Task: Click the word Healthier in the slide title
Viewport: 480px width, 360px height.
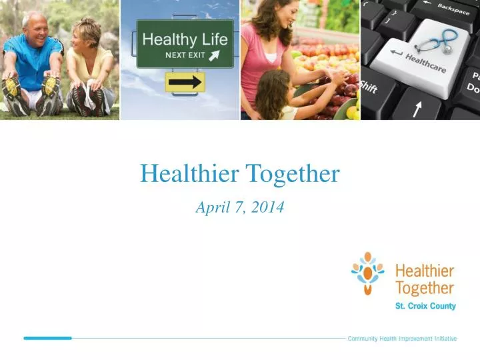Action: [x=190, y=175]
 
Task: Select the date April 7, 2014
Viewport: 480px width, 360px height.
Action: [x=240, y=207]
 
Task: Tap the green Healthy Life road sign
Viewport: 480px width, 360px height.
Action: [x=185, y=43]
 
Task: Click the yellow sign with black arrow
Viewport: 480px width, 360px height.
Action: [x=185, y=82]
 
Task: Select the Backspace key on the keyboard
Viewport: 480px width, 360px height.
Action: [x=453, y=9]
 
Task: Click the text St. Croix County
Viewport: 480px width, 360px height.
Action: [x=425, y=306]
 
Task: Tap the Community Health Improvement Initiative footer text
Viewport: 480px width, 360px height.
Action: [x=402, y=339]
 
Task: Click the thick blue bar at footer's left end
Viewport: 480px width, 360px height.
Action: [x=47, y=338]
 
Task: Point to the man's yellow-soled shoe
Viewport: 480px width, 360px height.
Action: [x=12, y=87]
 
